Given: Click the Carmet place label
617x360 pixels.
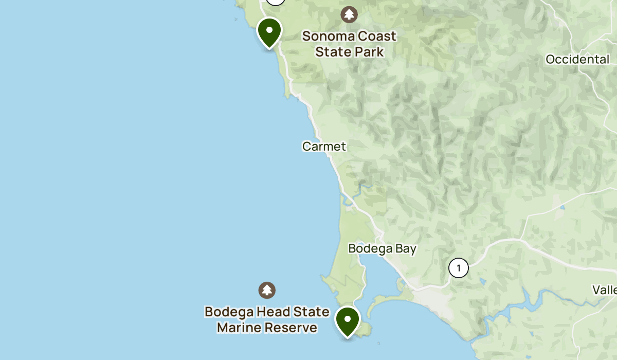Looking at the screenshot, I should click(324, 147).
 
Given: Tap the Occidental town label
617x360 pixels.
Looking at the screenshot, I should click(577, 59).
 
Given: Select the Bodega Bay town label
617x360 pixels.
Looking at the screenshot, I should click(382, 248).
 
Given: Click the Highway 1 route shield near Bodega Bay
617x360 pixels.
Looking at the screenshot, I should click(458, 268).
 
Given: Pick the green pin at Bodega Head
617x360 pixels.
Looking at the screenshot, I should click(348, 320).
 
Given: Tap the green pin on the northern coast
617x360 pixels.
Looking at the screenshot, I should click(269, 31).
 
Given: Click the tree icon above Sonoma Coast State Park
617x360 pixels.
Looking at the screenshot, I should click(350, 14).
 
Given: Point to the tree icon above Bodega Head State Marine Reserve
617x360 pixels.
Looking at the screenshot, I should click(266, 290).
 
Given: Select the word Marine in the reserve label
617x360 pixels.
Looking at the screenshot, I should click(241, 328).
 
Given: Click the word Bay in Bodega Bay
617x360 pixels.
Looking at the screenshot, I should click(406, 248).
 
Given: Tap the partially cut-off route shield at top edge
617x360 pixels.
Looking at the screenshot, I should click(276, 2).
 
